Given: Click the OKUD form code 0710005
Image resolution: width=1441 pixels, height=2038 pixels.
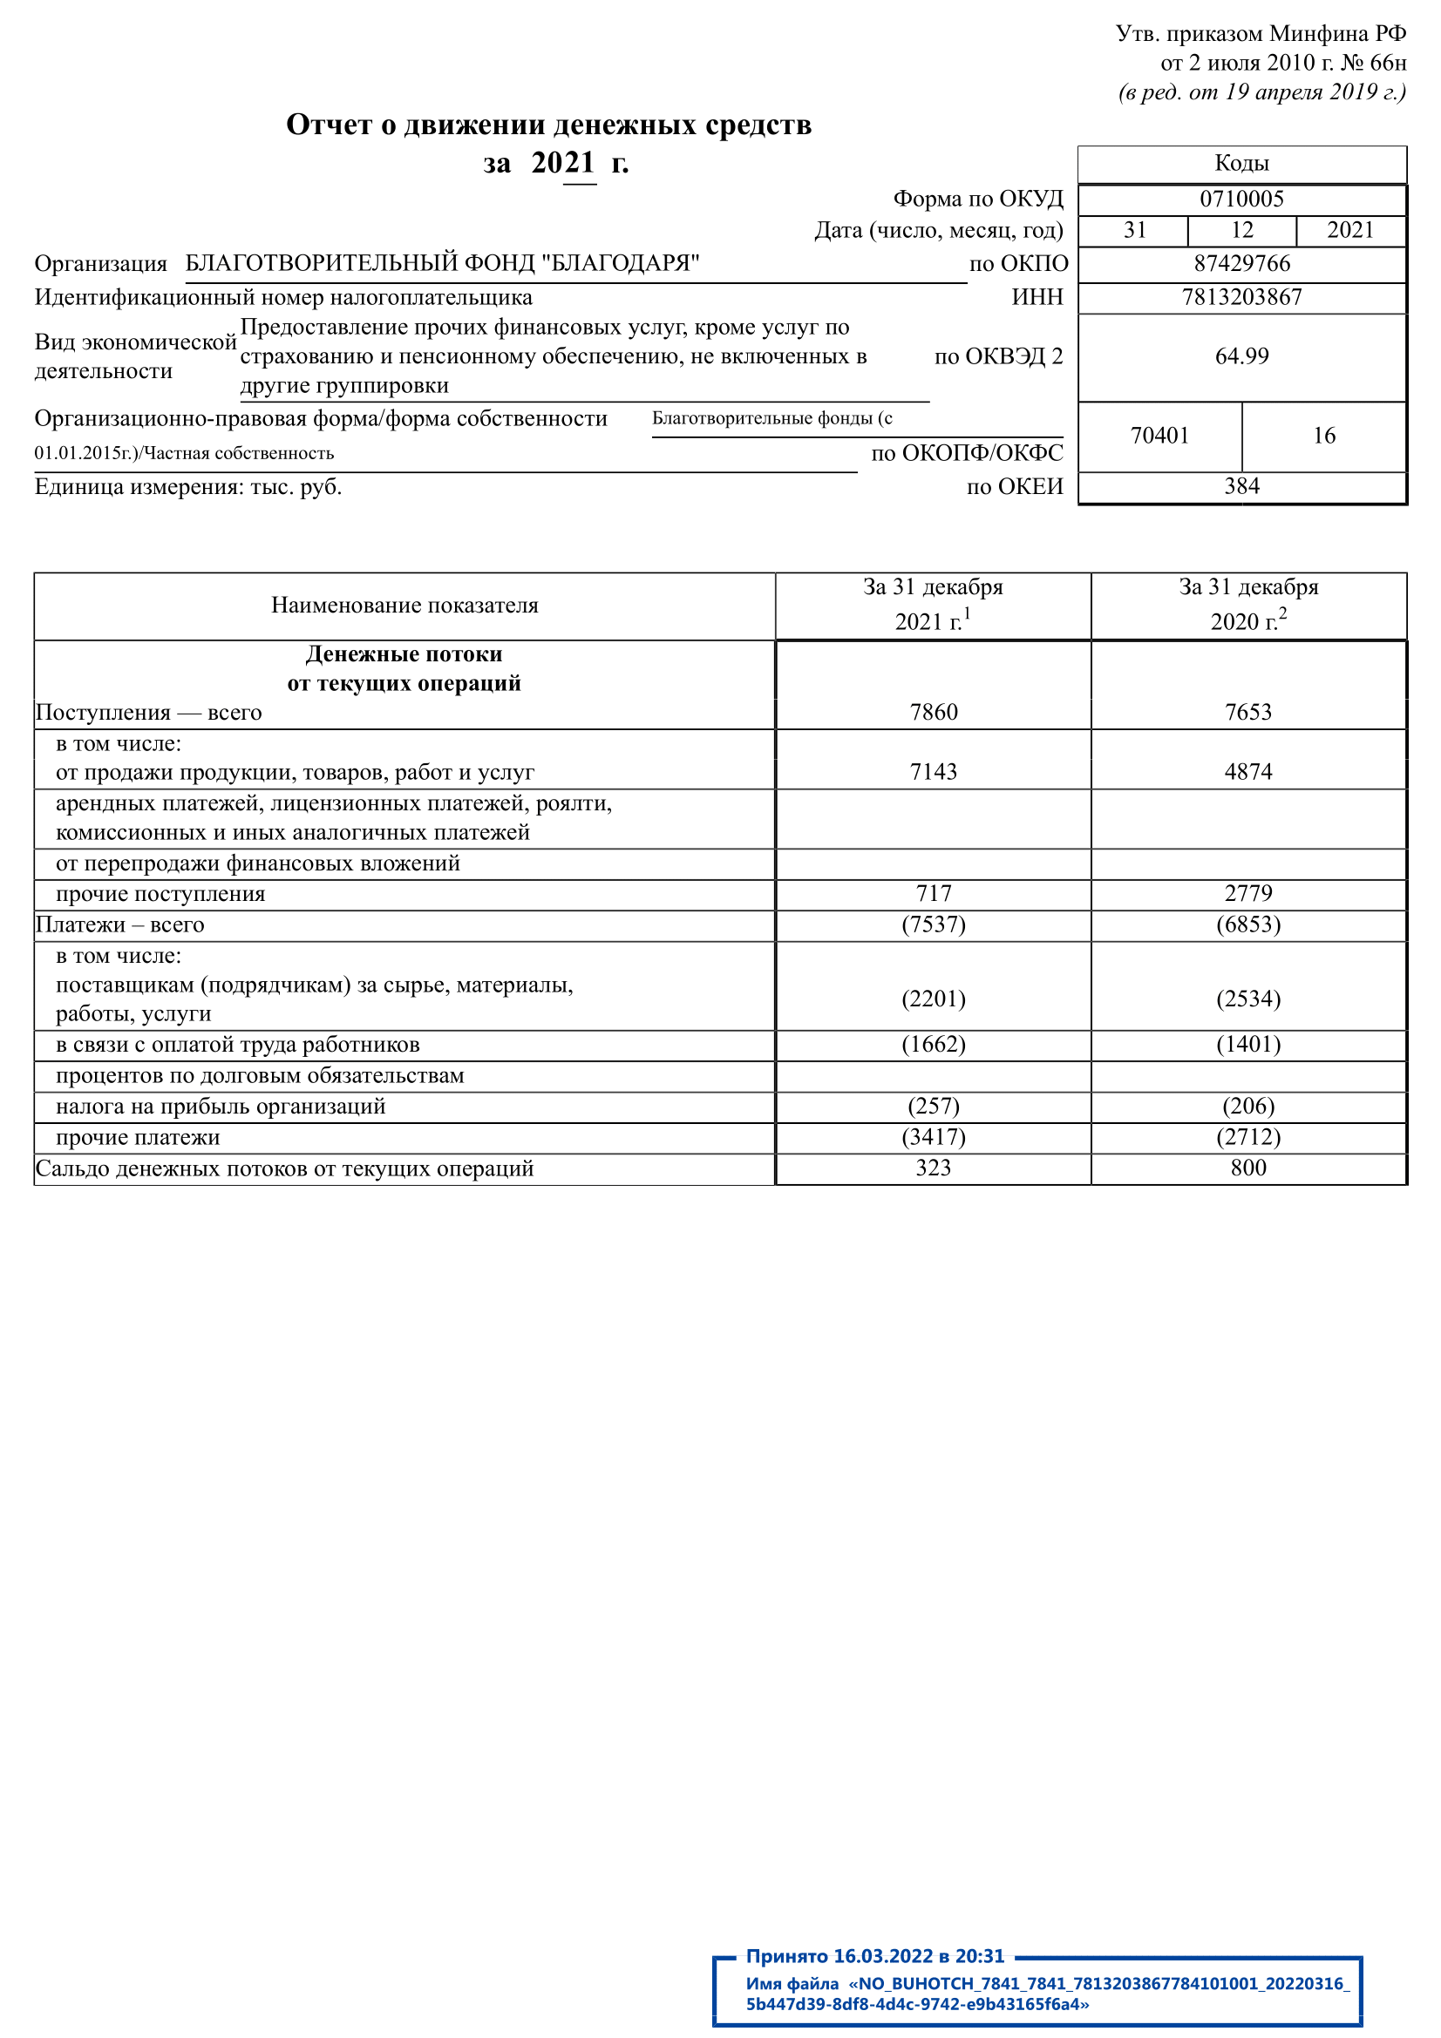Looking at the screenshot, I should coord(1241,199).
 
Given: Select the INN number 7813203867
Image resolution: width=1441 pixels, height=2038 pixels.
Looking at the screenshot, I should coord(1241,297).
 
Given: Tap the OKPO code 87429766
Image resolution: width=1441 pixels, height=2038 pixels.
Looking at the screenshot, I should coord(1241,264).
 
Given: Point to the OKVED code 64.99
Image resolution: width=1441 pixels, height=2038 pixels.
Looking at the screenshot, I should coord(1241,356).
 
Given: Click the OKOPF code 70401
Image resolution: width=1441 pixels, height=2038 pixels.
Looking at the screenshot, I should coord(1159,436).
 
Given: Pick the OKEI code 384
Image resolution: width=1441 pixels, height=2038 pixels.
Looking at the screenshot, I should coord(1241,486).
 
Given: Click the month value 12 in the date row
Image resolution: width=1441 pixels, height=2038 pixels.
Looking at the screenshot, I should coord(1241,231).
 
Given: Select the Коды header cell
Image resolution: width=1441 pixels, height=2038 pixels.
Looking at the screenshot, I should coord(1241,163).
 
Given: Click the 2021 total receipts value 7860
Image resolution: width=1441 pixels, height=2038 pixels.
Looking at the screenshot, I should coord(933,713).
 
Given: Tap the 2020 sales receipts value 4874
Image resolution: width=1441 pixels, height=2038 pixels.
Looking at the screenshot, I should coord(1248,772).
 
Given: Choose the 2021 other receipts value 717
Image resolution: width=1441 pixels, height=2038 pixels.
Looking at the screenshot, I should coord(933,894).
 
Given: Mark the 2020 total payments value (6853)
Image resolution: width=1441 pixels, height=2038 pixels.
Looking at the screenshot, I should coord(1248,925).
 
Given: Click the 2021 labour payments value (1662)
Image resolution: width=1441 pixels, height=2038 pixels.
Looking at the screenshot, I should coord(933,1045).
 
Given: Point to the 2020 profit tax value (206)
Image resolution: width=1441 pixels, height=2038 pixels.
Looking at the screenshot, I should coord(1248,1107).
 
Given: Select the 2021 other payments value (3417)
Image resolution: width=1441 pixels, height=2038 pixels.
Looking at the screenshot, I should coord(933,1138).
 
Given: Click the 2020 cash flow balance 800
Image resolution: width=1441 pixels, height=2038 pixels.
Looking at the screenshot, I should coord(1248,1168).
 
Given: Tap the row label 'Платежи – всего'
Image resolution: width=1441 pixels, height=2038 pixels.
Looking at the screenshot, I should coord(119,925).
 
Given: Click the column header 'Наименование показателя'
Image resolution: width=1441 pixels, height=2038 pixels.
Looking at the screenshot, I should coord(404,606).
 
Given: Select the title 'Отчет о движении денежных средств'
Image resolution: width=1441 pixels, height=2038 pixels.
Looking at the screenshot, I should coord(547,125).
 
